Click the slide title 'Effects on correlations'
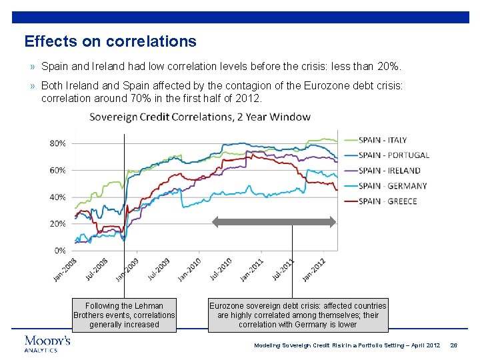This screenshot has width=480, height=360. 110,41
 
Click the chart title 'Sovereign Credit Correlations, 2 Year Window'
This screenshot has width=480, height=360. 200,117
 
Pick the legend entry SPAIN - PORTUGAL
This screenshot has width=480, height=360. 393,155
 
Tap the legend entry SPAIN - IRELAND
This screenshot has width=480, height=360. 389,171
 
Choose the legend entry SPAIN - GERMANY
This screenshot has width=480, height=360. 392,186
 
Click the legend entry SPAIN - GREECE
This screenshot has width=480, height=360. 387,201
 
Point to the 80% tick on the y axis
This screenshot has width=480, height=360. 58,143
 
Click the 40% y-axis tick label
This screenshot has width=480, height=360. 58,197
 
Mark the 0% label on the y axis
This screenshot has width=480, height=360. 60,251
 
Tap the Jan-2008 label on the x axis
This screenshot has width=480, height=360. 65,269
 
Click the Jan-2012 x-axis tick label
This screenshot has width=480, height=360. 314,269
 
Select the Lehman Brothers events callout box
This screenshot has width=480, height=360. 125,315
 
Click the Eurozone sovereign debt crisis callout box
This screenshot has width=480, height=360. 298,315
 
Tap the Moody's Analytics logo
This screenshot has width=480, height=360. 47,343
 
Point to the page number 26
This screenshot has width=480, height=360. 454,345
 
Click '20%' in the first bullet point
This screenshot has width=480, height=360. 390,67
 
